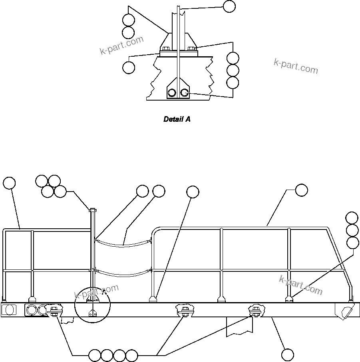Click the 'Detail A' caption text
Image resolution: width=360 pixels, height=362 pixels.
click(177, 119)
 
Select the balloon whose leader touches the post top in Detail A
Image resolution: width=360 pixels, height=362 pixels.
click(229, 6)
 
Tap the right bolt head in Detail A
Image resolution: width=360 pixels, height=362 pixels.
click(191, 49)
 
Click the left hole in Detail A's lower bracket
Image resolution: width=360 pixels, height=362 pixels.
click(171, 93)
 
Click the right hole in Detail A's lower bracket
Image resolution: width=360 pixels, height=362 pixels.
click(184, 93)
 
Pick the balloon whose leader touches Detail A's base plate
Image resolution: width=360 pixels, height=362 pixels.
click(129, 67)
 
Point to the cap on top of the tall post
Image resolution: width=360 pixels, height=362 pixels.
click(92, 210)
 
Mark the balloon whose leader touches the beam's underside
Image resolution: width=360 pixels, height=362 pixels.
click(288, 354)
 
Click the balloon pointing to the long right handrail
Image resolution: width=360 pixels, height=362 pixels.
click(302, 190)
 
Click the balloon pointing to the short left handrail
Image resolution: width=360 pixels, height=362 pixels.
click(9, 183)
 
